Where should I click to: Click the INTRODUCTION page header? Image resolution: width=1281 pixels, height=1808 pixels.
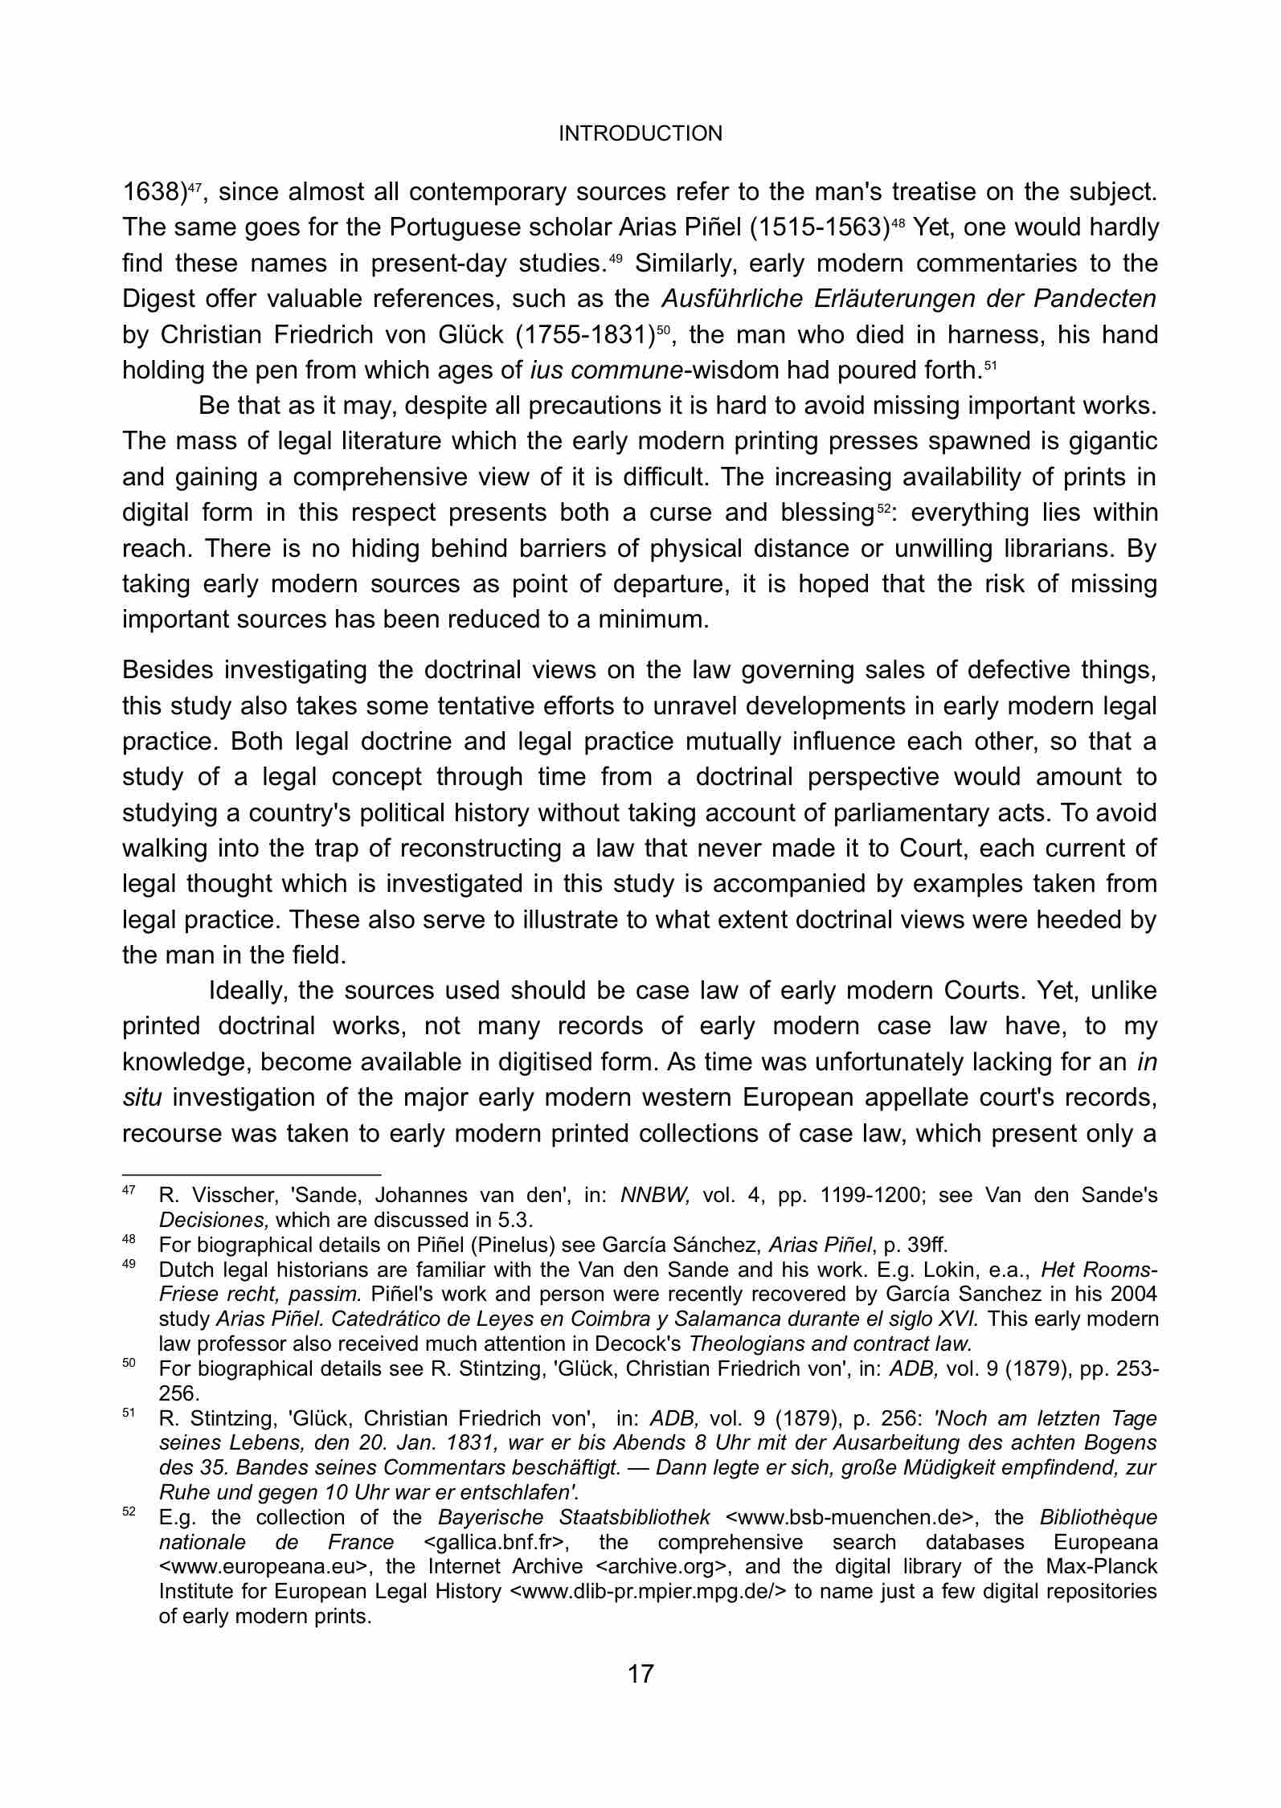[x=640, y=133]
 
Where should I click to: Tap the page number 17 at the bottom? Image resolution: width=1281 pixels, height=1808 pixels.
[x=640, y=1674]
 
